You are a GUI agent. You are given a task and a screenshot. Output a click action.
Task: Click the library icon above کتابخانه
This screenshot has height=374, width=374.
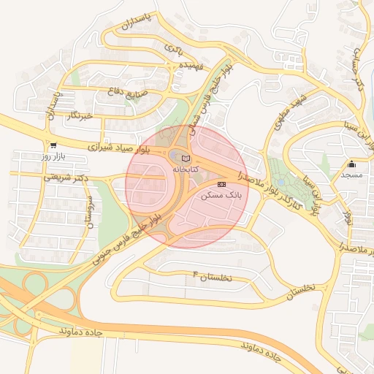pos(185,157)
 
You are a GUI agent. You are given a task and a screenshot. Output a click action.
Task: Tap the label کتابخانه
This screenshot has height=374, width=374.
pos(185,168)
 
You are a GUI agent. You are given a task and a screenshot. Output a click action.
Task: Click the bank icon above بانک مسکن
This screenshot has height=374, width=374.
pos(222,184)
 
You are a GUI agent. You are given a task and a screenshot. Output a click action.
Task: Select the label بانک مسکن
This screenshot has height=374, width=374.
pos(225,196)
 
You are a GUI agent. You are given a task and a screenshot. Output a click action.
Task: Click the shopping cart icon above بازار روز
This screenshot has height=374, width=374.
pos(53,145)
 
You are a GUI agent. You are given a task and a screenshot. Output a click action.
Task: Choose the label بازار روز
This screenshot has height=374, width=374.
pos(53,156)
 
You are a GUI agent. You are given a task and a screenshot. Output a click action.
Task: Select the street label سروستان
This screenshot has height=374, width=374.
pos(89,214)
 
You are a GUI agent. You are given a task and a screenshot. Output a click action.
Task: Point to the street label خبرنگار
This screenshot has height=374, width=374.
pos(80,115)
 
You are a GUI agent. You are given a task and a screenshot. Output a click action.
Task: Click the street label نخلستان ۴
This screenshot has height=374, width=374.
pos(211,277)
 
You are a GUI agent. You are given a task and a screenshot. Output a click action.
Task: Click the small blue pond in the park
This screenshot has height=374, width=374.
pos(280,182)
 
